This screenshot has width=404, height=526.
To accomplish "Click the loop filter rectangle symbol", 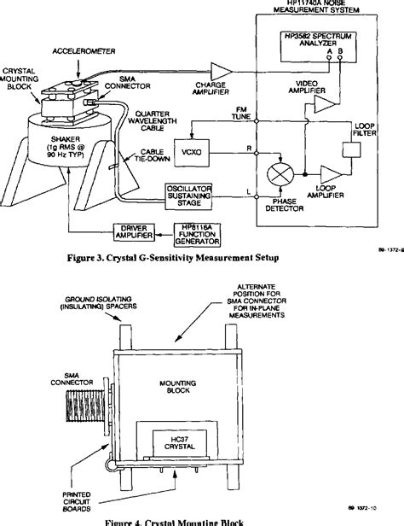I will (x=353, y=150).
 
